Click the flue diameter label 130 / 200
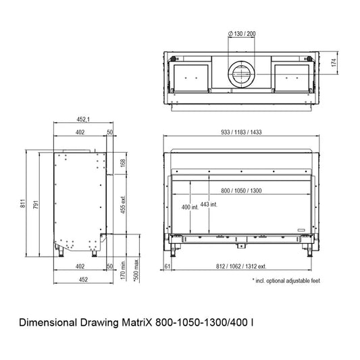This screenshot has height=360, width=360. (242, 34)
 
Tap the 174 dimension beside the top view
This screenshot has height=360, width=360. (334, 63)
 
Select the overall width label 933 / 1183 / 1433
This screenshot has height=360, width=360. (241, 132)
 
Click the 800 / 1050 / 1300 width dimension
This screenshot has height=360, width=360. (241, 190)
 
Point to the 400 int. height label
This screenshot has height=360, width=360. (190, 207)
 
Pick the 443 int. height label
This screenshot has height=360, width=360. (209, 205)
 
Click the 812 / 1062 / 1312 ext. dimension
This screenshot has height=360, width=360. (241, 266)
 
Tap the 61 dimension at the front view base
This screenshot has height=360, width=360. (168, 266)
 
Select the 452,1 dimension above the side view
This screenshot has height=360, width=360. (83, 120)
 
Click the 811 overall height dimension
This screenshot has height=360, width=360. (22, 203)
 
